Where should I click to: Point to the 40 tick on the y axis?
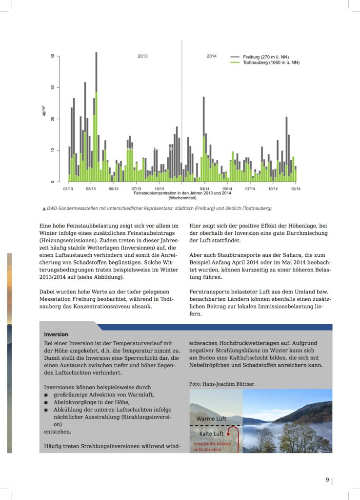click(x=53, y=56)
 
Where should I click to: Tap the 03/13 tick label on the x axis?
click(x=91, y=188)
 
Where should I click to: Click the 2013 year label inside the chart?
click(x=142, y=56)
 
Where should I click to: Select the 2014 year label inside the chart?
click(x=211, y=56)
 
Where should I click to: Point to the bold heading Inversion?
click(x=56, y=334)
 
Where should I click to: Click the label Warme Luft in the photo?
click(x=211, y=419)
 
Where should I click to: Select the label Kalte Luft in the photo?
click(x=211, y=434)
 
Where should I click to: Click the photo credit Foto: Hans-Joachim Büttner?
click(x=221, y=384)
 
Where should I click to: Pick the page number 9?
click(x=327, y=479)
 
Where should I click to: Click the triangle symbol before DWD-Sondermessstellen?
click(x=44, y=208)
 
